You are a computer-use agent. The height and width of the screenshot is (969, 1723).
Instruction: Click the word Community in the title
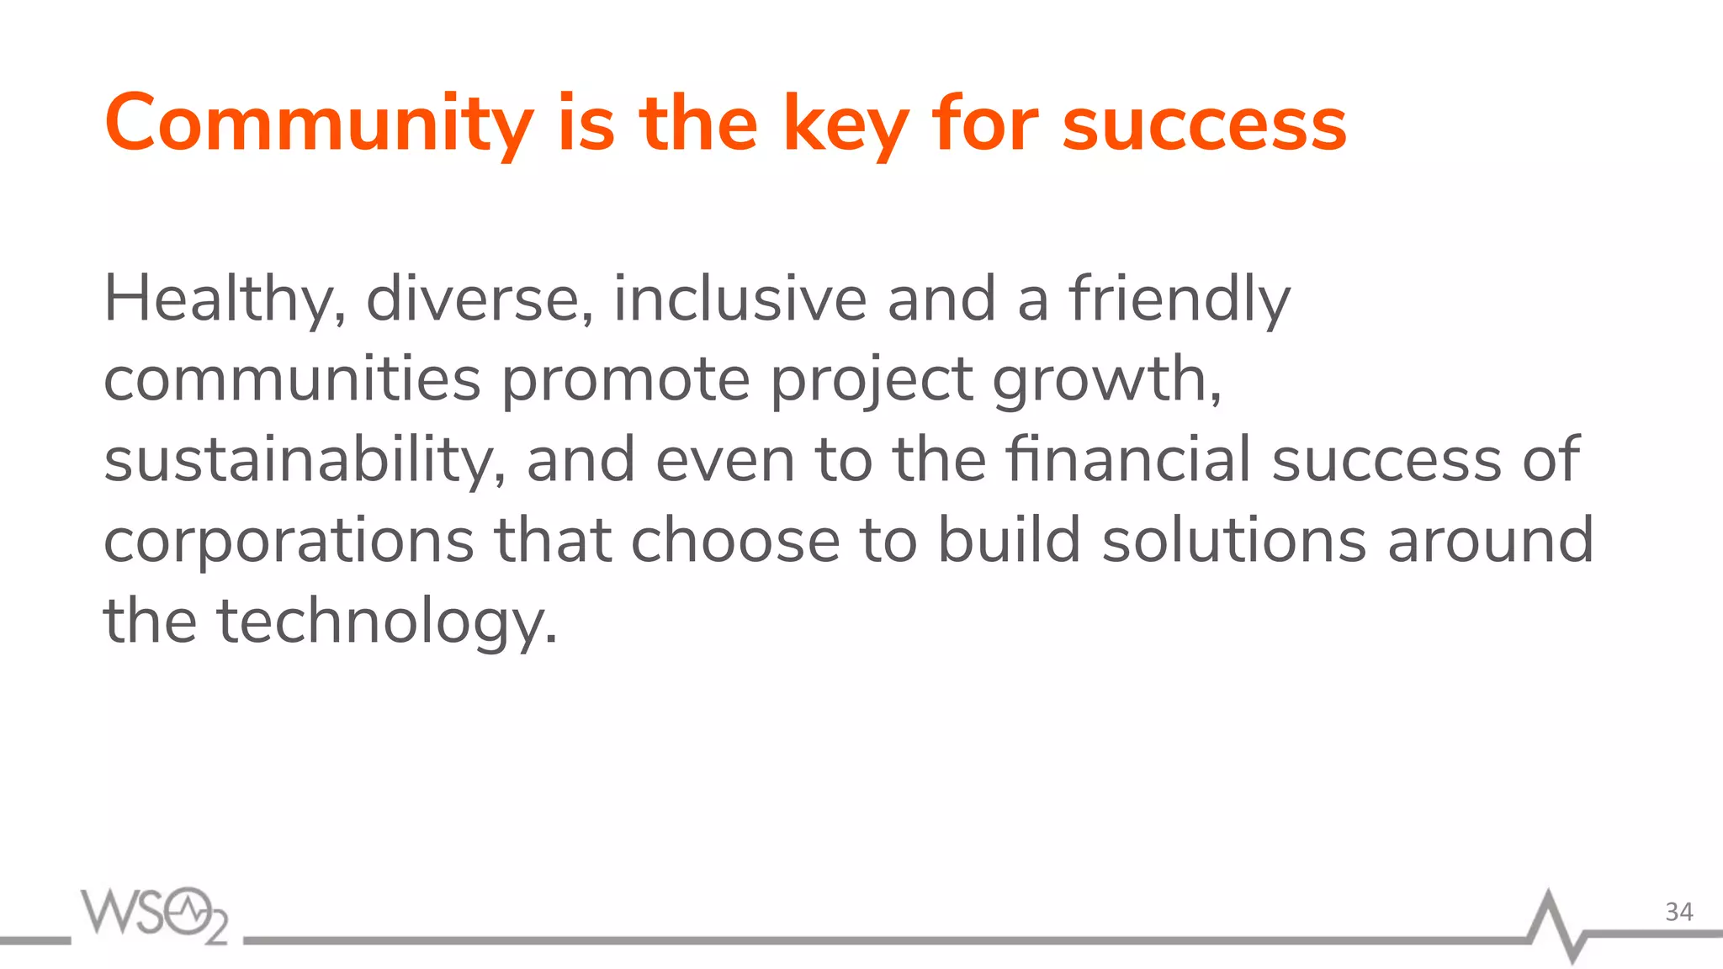click(x=318, y=124)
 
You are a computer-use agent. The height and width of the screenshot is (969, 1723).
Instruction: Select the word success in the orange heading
click(x=1204, y=124)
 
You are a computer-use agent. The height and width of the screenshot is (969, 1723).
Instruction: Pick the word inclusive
click(x=740, y=299)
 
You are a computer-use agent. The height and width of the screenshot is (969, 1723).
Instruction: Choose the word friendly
click(x=1180, y=300)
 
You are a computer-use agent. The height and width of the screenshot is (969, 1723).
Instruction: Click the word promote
click(x=625, y=380)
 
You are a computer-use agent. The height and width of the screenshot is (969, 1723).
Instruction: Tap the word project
click(x=872, y=380)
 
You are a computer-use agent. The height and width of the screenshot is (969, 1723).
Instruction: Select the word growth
click(x=1105, y=380)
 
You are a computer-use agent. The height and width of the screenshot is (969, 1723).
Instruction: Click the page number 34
click(x=1678, y=912)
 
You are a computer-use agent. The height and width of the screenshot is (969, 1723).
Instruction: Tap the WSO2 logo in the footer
click(x=154, y=914)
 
